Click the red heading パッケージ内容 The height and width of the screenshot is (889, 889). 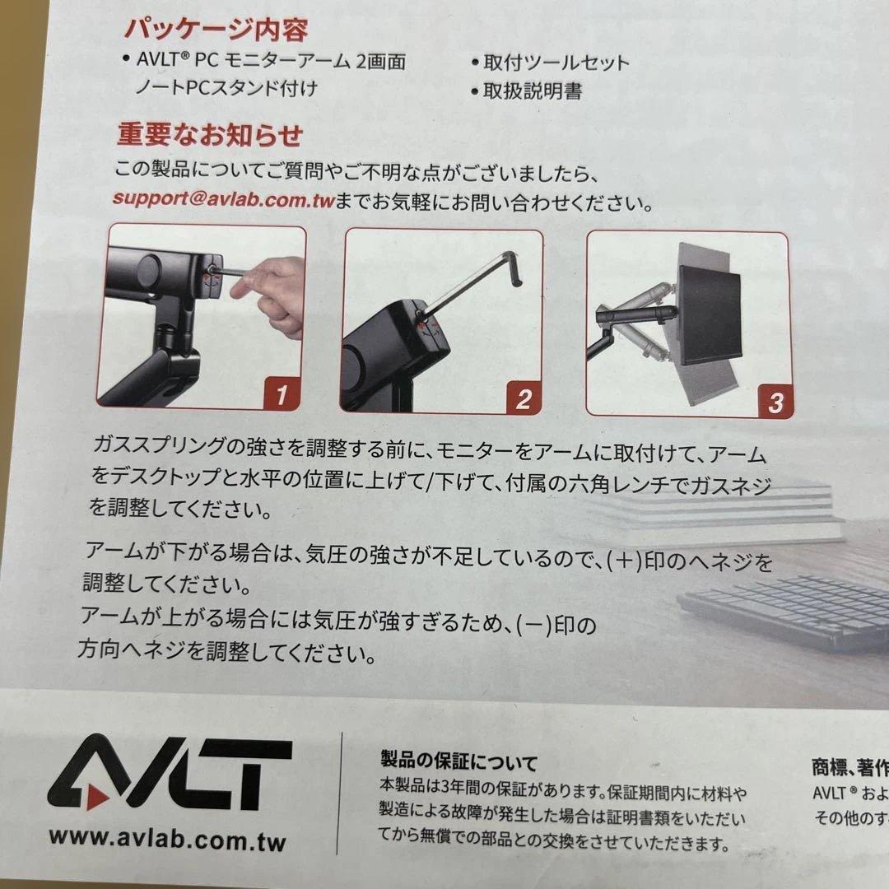(x=216, y=30)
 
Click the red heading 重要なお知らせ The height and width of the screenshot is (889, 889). (x=210, y=134)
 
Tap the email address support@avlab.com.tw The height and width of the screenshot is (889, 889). (x=222, y=200)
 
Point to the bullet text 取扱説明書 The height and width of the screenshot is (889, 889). (x=533, y=91)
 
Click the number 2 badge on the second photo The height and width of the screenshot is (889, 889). (x=522, y=398)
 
